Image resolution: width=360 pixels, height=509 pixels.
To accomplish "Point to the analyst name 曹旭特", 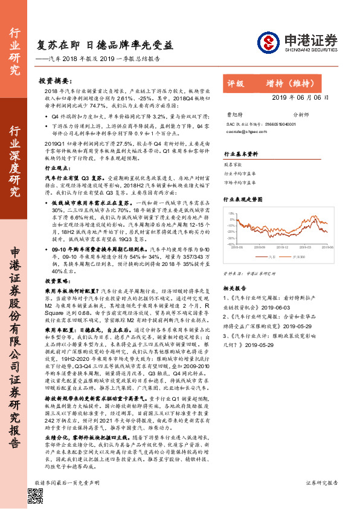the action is click(x=233, y=114).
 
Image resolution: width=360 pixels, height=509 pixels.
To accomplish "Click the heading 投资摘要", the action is click(x=59, y=80).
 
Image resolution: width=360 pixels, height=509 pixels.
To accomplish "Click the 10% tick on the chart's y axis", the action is click(x=231, y=213).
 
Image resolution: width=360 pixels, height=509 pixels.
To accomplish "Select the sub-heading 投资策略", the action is click(x=56, y=281).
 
